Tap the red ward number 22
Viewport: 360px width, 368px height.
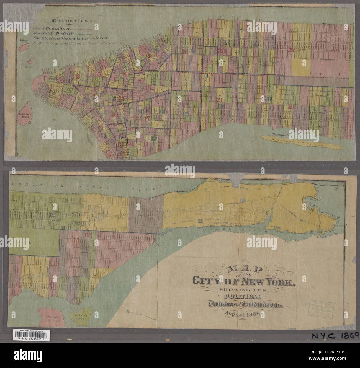coord(291,50)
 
